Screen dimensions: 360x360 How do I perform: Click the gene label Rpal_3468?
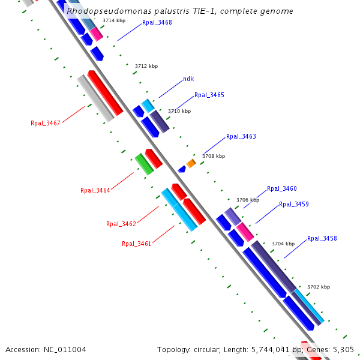[x=157, y=23]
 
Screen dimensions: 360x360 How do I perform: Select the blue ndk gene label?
[x=188, y=79]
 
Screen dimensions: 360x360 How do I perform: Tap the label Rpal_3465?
[x=209, y=95]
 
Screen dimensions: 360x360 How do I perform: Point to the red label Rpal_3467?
[x=46, y=124]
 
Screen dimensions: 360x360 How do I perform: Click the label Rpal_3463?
[x=241, y=137]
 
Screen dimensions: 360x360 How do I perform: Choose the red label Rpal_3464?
[x=95, y=191]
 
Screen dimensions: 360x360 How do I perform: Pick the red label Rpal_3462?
[x=121, y=224]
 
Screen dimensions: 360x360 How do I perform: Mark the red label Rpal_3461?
[x=137, y=244]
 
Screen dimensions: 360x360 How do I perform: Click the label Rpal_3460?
[x=282, y=189]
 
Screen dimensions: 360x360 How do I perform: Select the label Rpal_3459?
[x=294, y=205]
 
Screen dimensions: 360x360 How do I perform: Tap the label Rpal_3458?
[x=322, y=239]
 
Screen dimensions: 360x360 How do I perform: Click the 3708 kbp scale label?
[x=214, y=156]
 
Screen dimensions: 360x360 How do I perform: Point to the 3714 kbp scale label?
[x=114, y=21]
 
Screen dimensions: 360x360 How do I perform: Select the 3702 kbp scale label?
[x=319, y=287]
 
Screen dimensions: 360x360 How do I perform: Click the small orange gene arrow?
[x=191, y=163]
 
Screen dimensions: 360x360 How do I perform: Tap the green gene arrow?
[x=144, y=164]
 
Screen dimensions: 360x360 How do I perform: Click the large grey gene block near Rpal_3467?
[x=95, y=98]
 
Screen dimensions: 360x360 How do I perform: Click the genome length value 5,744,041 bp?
[x=277, y=350]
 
